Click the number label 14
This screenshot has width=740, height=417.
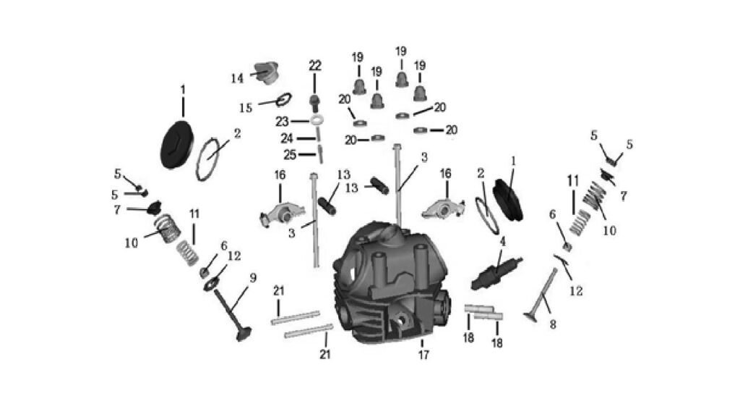237,78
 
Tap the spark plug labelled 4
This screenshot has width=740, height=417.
497,274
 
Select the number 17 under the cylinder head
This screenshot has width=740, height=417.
423,354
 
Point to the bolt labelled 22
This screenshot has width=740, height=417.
315,103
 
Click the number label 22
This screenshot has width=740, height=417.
315,66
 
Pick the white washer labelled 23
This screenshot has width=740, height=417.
318,119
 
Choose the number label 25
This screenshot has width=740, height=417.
290,155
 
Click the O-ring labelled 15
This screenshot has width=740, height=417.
284,99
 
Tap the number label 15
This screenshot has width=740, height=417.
246,108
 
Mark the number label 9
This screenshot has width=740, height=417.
253,277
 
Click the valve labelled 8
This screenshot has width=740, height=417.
541,295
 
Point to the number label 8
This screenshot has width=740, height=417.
553,324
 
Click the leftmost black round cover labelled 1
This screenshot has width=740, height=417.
177,145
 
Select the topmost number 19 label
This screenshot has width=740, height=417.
401,51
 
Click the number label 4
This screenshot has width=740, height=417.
503,242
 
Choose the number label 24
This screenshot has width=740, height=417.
287,138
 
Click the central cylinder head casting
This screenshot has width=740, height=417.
392,283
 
